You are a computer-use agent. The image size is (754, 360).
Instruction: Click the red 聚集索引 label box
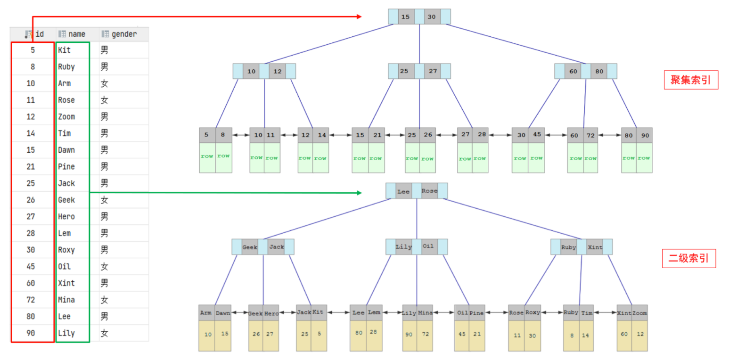click(x=691, y=80)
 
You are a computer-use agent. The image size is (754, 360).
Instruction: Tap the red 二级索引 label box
click(x=689, y=258)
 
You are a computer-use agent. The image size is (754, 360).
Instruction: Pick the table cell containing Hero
click(x=73, y=217)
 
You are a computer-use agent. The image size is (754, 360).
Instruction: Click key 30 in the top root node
click(x=432, y=16)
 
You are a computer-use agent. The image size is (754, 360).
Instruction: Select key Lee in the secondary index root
click(x=403, y=191)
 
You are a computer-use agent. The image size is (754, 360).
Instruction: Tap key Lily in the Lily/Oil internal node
click(x=403, y=246)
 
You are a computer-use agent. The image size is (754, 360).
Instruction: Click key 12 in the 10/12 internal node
click(x=278, y=71)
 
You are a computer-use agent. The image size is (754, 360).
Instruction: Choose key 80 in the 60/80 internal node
click(x=599, y=71)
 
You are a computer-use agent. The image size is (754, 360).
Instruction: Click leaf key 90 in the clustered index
click(x=645, y=135)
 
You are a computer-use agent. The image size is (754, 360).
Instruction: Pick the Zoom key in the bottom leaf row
click(x=639, y=313)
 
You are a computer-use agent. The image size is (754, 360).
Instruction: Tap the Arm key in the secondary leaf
click(x=206, y=313)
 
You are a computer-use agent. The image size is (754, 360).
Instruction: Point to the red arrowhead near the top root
click(x=359, y=16)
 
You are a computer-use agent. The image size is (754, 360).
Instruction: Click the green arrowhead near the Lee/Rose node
click(x=359, y=193)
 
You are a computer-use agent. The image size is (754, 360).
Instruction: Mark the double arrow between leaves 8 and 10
click(x=241, y=135)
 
